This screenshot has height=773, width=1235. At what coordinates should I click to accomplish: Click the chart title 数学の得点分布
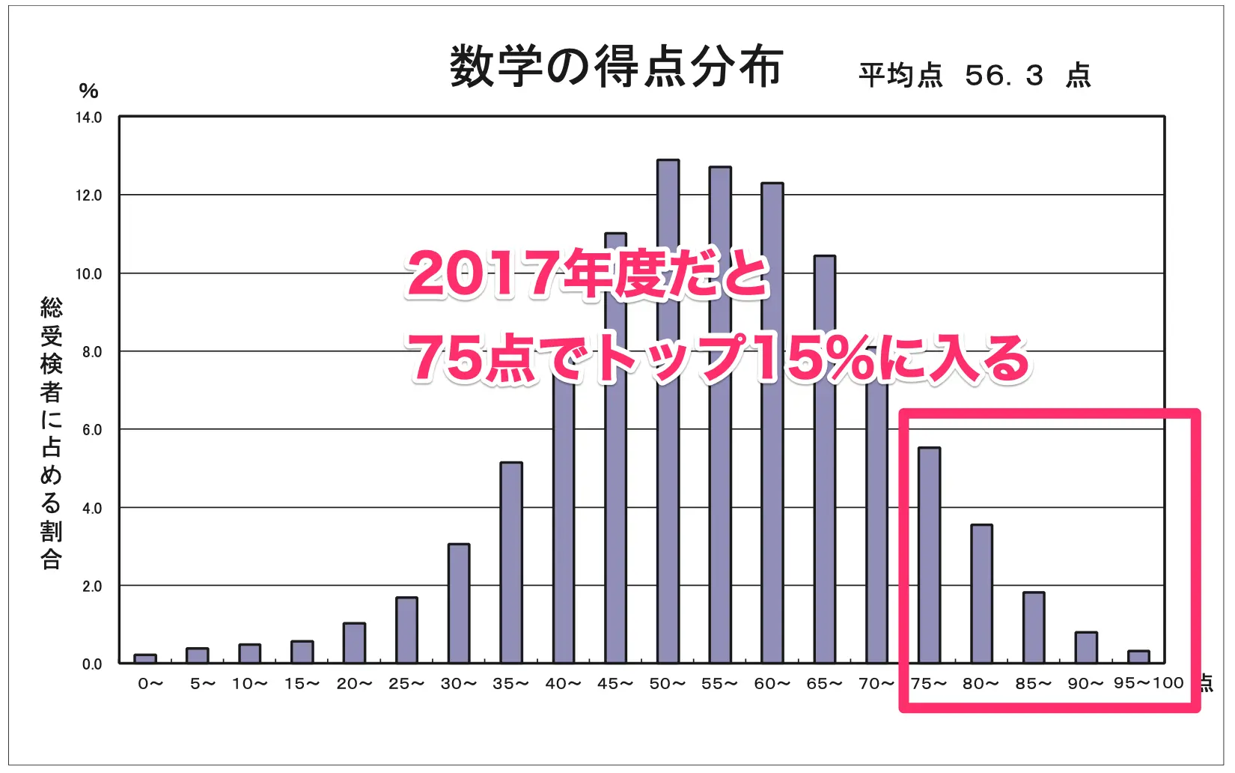[x=615, y=67]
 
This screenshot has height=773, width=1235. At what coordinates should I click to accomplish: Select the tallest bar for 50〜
[x=668, y=412]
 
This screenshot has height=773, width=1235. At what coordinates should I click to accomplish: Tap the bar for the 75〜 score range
[x=929, y=555]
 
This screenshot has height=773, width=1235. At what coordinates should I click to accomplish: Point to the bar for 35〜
[x=511, y=563]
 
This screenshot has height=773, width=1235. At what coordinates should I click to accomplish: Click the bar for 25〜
[x=406, y=630]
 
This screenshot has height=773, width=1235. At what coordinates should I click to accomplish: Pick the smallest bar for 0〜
[x=145, y=658]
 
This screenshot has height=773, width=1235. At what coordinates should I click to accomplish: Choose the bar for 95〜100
[x=1138, y=657]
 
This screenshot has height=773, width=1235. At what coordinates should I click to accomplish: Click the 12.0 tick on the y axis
[x=88, y=195]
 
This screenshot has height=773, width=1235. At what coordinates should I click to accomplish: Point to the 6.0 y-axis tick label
[x=91, y=430]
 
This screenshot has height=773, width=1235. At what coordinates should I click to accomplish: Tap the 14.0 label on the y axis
[x=88, y=118]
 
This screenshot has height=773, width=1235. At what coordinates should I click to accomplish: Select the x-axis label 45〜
[x=615, y=684]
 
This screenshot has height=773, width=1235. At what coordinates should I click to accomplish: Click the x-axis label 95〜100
[x=1148, y=683]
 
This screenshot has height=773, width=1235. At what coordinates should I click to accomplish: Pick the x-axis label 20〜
[x=354, y=684]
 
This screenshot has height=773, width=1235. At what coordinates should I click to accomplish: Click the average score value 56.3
[x=1004, y=76]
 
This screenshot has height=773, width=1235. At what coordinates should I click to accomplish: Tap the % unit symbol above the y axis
[x=88, y=91]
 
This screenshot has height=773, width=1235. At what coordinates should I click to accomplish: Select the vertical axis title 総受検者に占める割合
[x=51, y=433]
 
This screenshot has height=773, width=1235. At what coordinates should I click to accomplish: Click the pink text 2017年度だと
[x=588, y=274]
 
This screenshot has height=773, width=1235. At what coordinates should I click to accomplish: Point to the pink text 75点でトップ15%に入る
[x=719, y=358]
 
